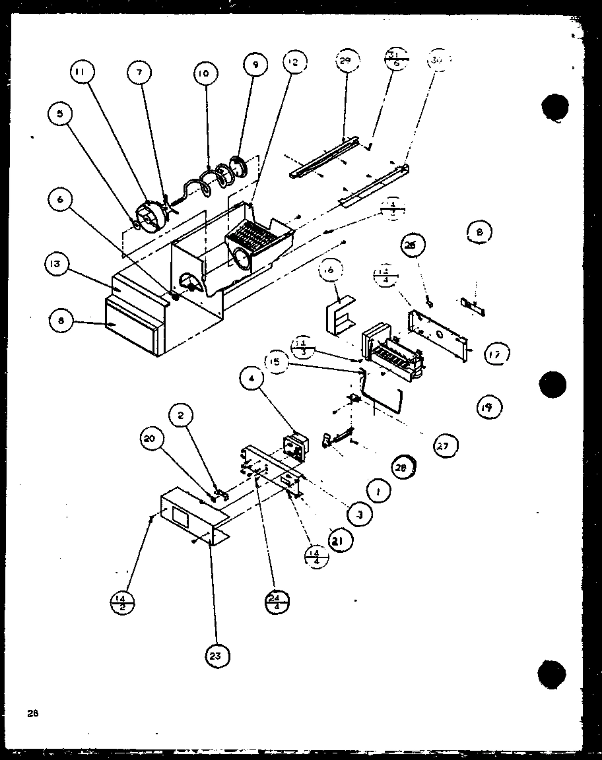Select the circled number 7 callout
[x=139, y=73]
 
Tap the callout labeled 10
[x=204, y=74]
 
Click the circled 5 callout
[x=59, y=113]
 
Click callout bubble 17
[x=495, y=354]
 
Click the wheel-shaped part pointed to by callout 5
[x=150, y=216]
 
